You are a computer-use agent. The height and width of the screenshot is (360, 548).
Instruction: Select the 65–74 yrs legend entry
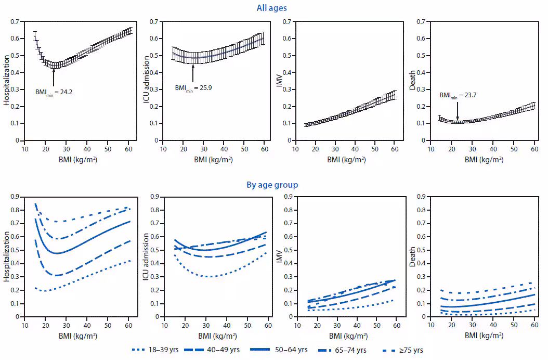click(x=348, y=350)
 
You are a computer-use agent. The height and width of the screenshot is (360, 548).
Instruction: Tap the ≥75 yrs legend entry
click(x=402, y=350)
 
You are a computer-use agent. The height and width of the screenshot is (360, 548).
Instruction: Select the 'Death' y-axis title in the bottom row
click(x=414, y=256)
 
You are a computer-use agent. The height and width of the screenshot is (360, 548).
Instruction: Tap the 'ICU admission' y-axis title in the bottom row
click(x=147, y=256)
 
